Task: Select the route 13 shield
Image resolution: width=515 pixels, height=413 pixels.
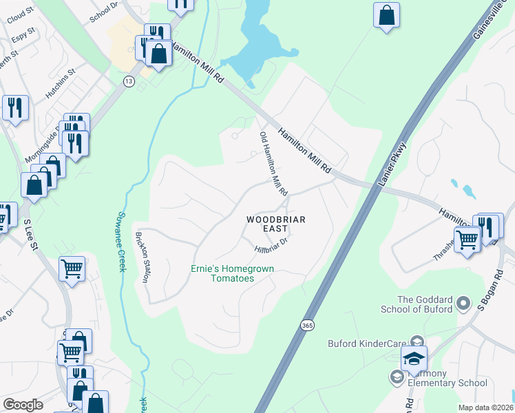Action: coord(129,81)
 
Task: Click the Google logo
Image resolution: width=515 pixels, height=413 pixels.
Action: coord(23,405)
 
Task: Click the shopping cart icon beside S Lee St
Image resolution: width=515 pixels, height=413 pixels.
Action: coord(72,269)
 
